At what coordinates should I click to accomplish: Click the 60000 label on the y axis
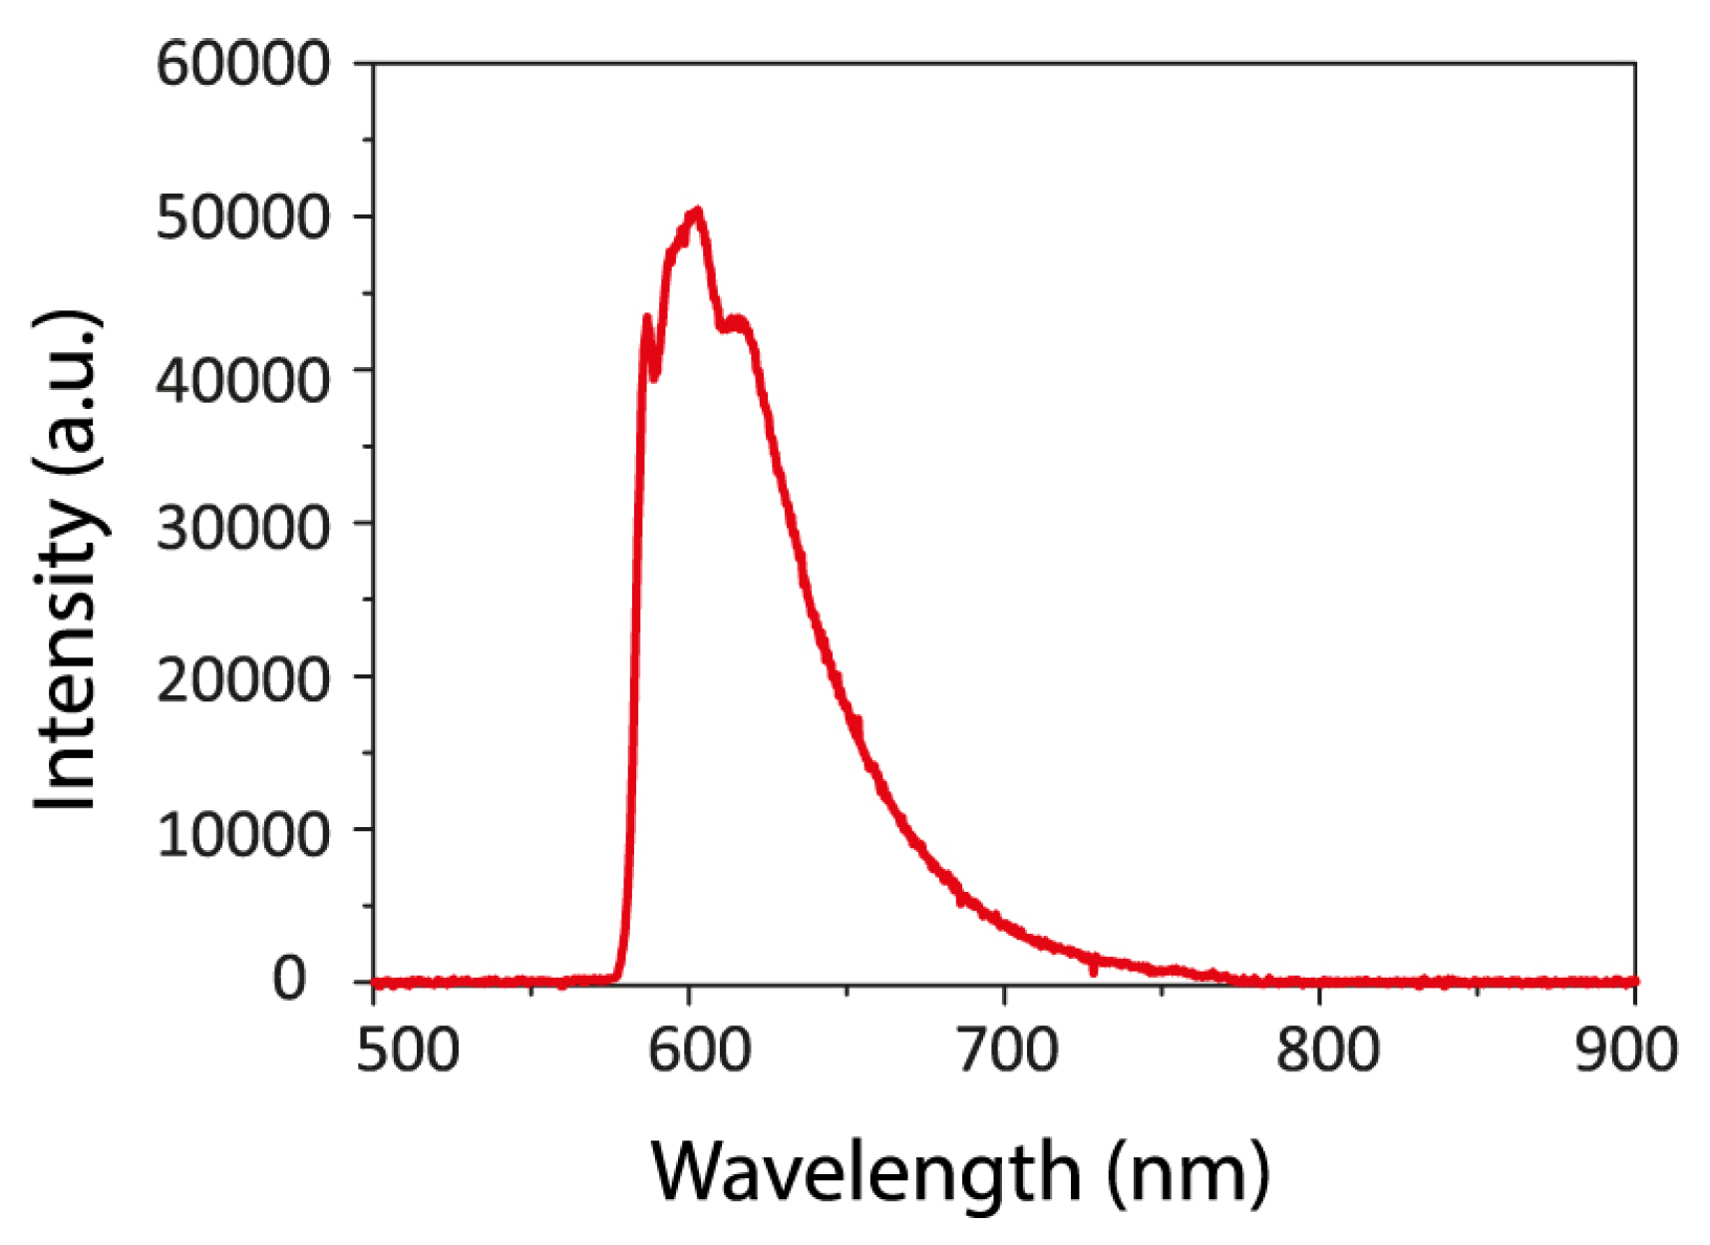point(242,65)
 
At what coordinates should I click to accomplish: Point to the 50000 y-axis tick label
point(242,217)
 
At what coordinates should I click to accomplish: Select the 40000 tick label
point(242,381)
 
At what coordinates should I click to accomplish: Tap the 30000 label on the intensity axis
point(242,528)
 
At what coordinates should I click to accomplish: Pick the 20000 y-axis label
point(242,680)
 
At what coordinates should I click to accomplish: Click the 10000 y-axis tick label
point(242,834)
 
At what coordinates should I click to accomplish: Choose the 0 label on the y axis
point(289,980)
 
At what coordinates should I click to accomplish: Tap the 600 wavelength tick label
point(698,1050)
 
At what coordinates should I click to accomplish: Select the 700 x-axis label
point(1007,1050)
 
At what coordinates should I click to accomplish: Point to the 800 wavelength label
point(1327,1050)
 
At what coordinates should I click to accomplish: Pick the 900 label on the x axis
point(1625,1050)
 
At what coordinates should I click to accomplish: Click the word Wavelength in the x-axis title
point(865,1173)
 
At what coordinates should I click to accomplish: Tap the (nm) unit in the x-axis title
point(1189,1173)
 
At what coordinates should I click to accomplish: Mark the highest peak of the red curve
point(697,211)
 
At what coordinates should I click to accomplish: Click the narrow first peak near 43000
point(647,318)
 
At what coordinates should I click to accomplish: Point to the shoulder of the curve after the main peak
point(738,322)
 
